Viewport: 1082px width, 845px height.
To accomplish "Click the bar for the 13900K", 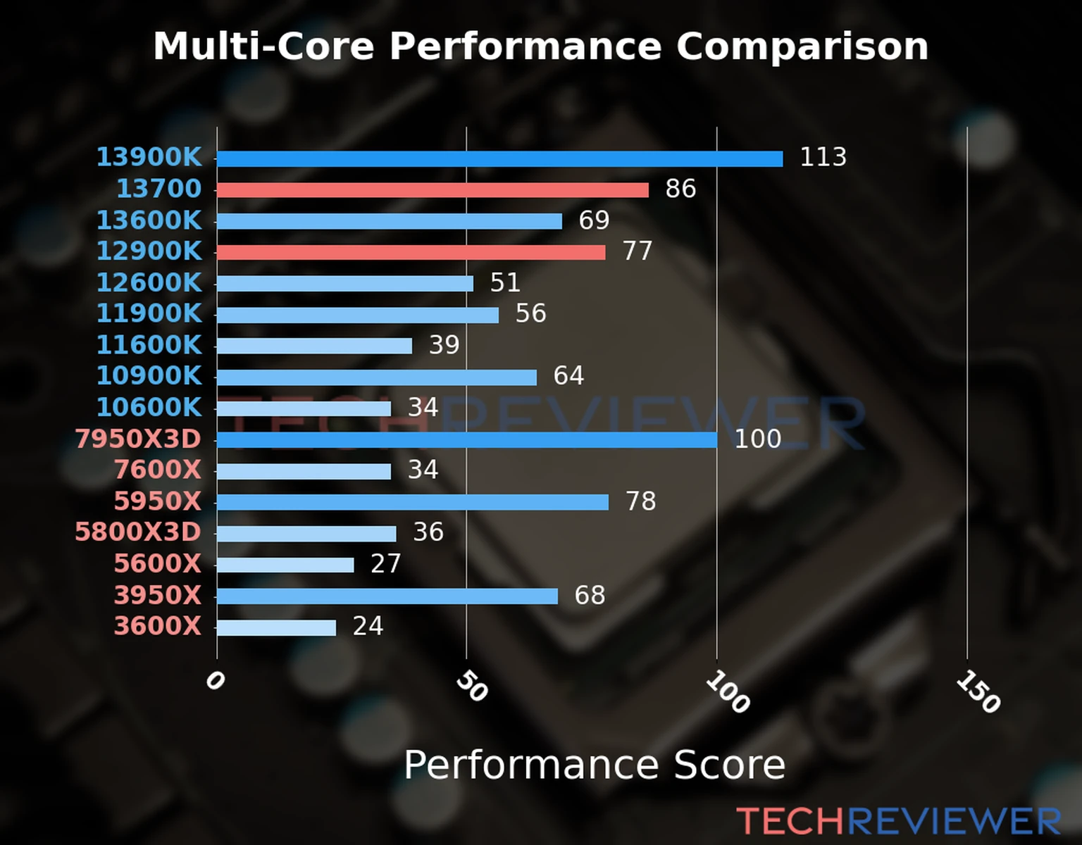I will pyautogui.click(x=499, y=159).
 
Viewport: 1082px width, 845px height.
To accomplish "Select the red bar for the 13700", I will pyautogui.click(x=433, y=190).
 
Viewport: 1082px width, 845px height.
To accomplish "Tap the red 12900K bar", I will pyautogui.click(x=411, y=252).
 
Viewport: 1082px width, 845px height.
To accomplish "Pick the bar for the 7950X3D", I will pyautogui.click(x=466, y=440).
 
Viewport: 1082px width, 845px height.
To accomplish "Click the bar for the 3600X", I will pyautogui.click(x=276, y=627).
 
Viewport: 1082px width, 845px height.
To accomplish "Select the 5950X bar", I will pyautogui.click(x=412, y=502).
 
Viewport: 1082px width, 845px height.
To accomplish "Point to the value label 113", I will pyautogui.click(x=823, y=156).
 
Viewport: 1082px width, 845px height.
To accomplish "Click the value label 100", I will pyautogui.click(x=757, y=439).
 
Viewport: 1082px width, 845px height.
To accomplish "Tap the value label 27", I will pyautogui.click(x=385, y=563).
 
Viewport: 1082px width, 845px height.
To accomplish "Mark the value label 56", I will pyautogui.click(x=530, y=313).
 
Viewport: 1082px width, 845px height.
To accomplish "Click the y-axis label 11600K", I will pyautogui.click(x=149, y=345).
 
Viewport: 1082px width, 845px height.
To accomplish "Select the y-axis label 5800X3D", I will pyautogui.click(x=138, y=532).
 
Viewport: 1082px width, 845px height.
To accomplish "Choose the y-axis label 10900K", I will pyautogui.click(x=149, y=375).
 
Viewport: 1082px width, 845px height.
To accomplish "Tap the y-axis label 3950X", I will pyautogui.click(x=157, y=595).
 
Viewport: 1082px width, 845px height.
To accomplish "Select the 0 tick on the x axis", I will pyautogui.click(x=215, y=680).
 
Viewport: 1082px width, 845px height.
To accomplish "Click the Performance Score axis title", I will pyautogui.click(x=594, y=765).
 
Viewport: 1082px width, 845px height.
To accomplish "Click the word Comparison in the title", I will pyautogui.click(x=802, y=46).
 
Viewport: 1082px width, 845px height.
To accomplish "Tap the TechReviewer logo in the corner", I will pyautogui.click(x=898, y=821).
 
